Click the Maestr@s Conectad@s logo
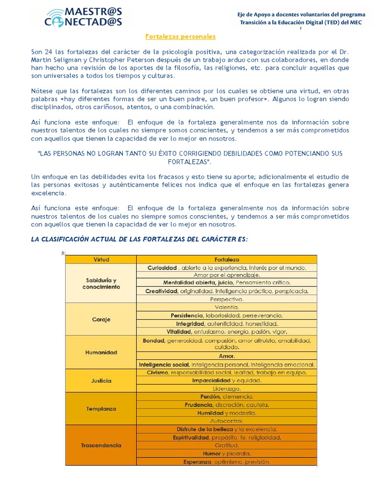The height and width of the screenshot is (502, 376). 83,16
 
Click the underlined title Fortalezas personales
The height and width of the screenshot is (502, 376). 181,37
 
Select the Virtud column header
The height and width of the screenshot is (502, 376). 101,259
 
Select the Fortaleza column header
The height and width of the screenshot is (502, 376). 227,259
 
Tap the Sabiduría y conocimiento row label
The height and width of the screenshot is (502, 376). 101,283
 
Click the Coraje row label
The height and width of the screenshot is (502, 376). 101,319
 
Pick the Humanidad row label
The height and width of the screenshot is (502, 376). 101,352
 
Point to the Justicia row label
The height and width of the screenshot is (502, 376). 101,380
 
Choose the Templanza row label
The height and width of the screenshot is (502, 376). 101,408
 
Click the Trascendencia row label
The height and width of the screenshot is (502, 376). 101,445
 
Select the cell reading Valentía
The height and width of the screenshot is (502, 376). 227,307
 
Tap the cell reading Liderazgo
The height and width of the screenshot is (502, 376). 227,388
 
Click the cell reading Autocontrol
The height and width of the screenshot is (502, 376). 227,421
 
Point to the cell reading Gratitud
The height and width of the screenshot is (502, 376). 227,445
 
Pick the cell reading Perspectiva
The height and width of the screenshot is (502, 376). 227,299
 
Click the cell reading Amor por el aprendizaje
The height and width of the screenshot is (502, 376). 227,275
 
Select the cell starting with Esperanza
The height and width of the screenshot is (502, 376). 227,461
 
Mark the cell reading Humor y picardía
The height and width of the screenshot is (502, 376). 227,453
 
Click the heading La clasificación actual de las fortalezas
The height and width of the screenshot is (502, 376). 140,239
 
